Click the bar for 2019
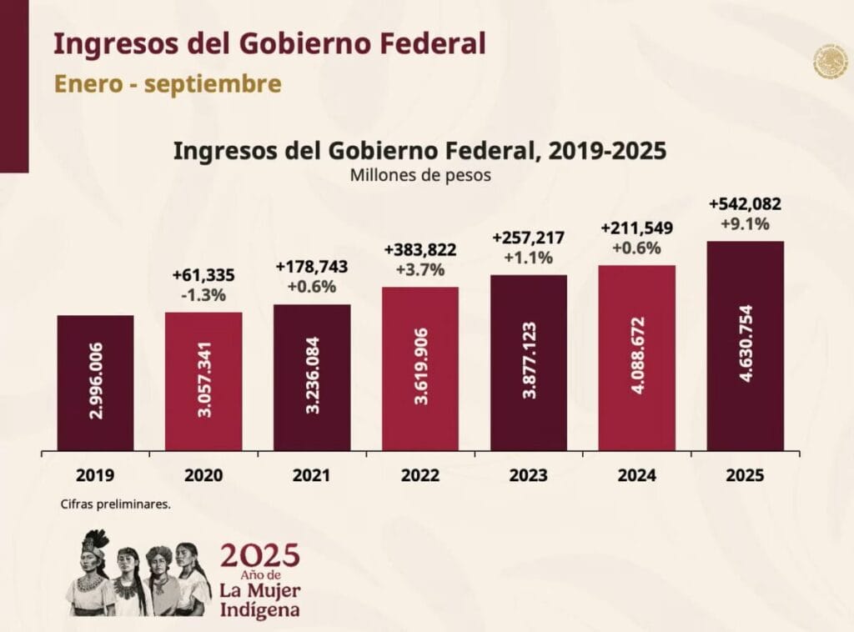95,383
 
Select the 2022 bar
420,369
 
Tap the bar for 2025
745,346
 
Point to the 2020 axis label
203,476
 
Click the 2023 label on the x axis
528,476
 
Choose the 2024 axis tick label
636,476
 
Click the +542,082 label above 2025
745,204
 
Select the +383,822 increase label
420,250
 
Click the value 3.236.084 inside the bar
312,378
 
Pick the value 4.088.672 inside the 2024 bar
637,359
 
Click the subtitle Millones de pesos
420,176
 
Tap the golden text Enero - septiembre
168,84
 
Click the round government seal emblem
830,63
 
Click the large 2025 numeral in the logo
259,554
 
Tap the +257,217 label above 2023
528,238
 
